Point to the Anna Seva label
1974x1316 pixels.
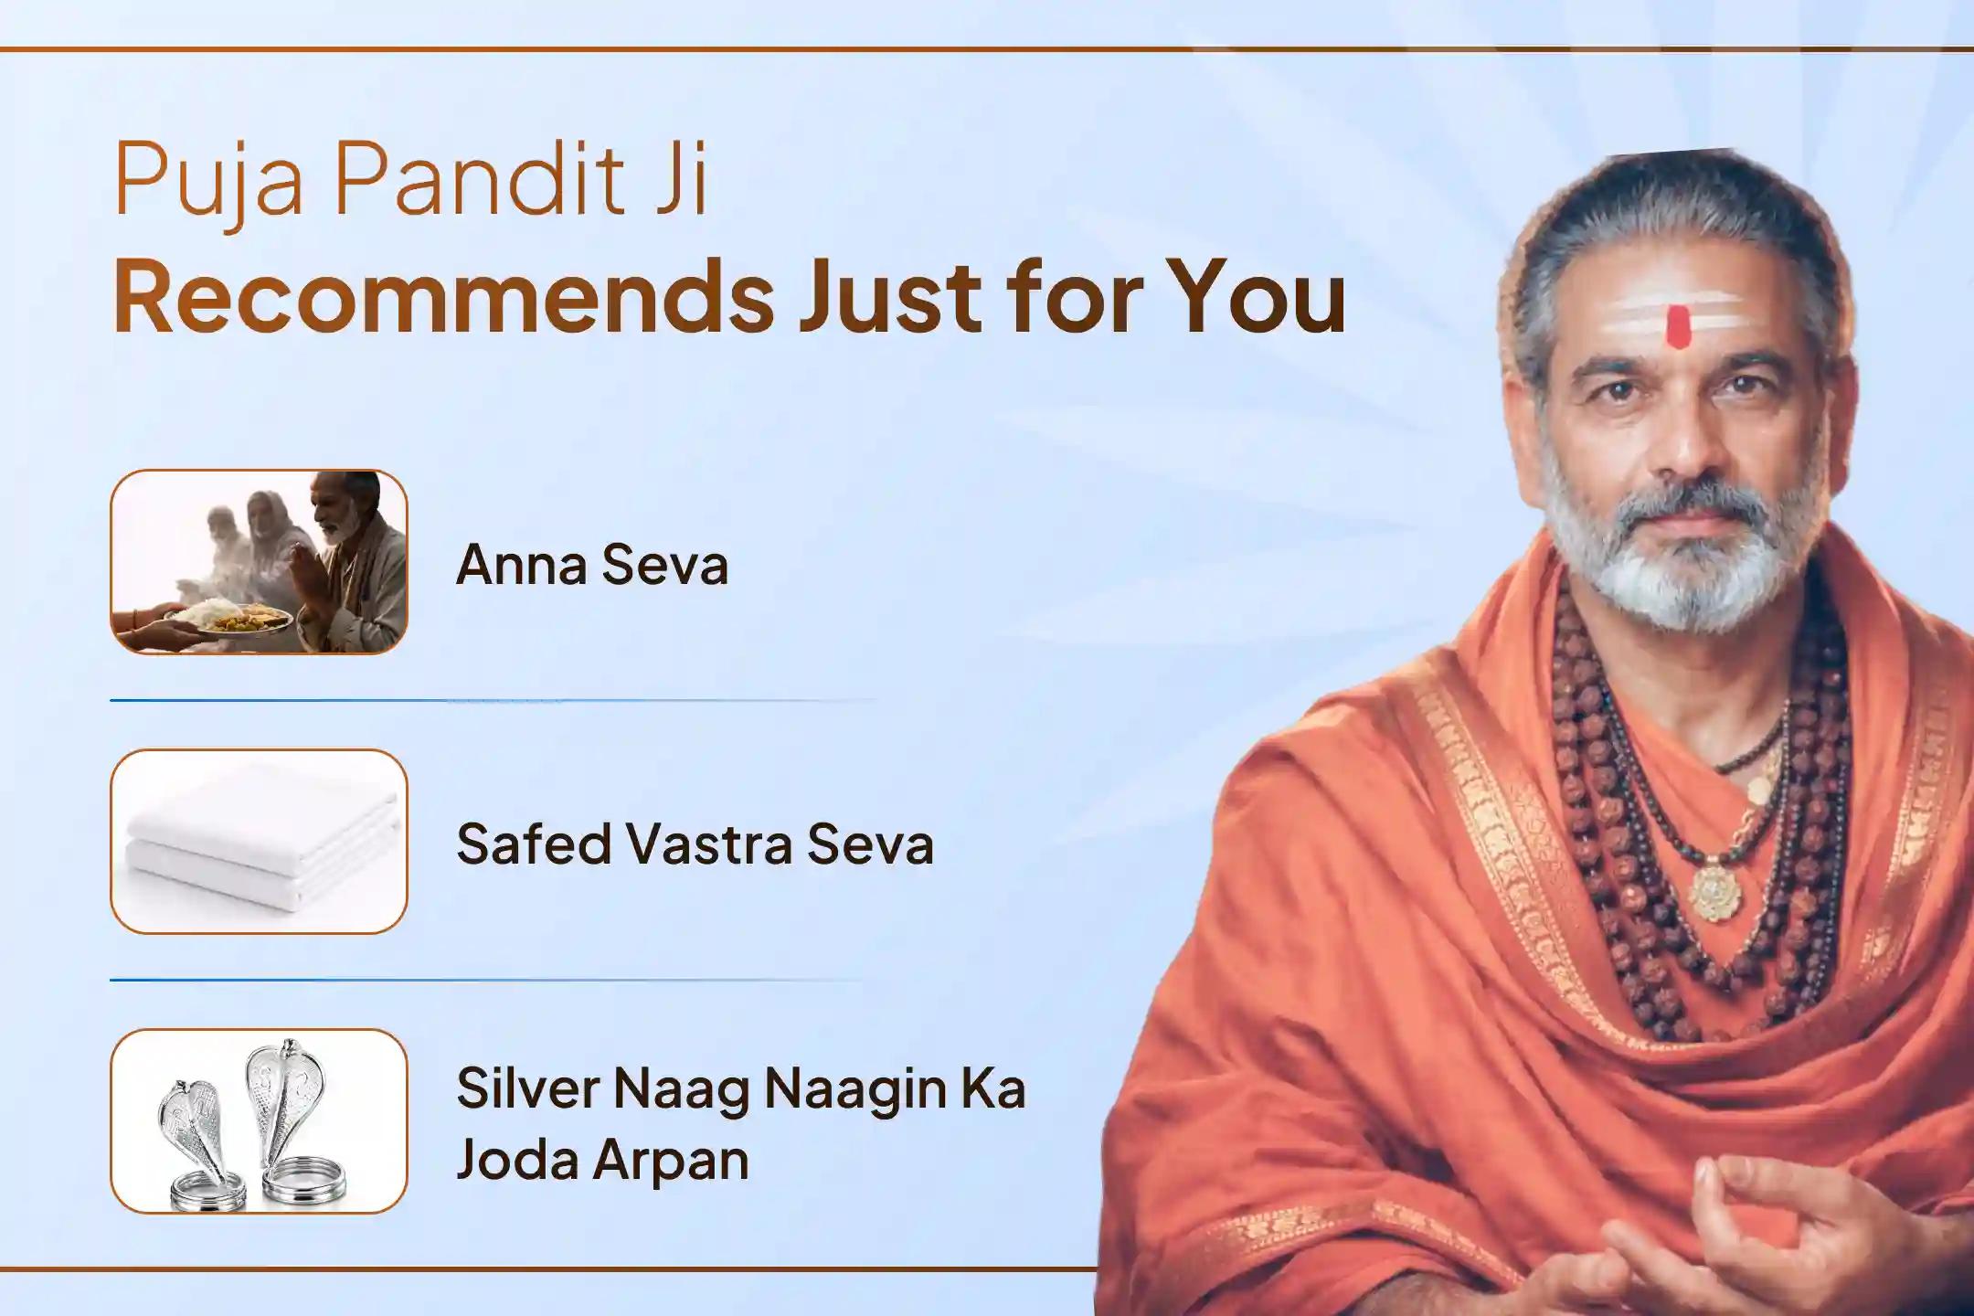coord(592,565)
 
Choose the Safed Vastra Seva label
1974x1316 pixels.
coord(695,844)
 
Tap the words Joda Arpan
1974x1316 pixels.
coord(602,1161)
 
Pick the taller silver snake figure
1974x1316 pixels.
coord(291,1120)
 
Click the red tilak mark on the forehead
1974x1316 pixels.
coord(1677,327)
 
